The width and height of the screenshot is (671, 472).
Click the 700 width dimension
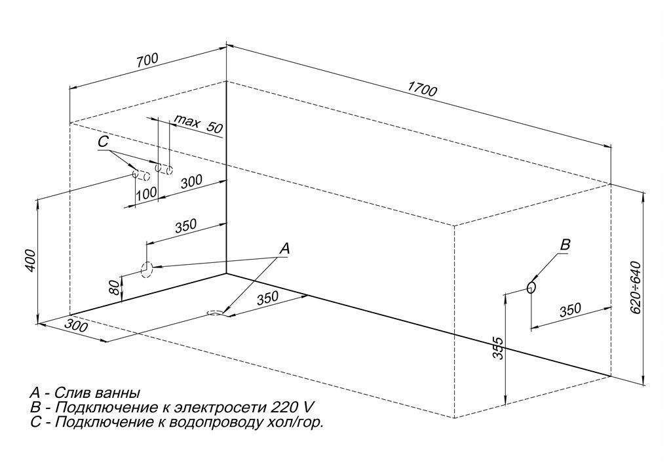pos(147,60)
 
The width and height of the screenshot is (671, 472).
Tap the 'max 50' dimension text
pos(199,125)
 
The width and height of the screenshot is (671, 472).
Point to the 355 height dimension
pos(499,348)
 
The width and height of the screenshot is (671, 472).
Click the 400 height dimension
pos(30,260)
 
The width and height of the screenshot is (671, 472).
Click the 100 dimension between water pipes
pos(146,193)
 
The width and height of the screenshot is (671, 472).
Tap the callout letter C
pos(103,142)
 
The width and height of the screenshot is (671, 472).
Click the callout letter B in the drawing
pos(566,245)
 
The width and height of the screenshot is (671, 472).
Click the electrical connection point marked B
pos(531,286)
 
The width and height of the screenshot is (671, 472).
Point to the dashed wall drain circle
pos(146,269)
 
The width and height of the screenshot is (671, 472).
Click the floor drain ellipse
pos(216,313)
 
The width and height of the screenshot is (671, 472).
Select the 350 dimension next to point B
pos(571,309)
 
